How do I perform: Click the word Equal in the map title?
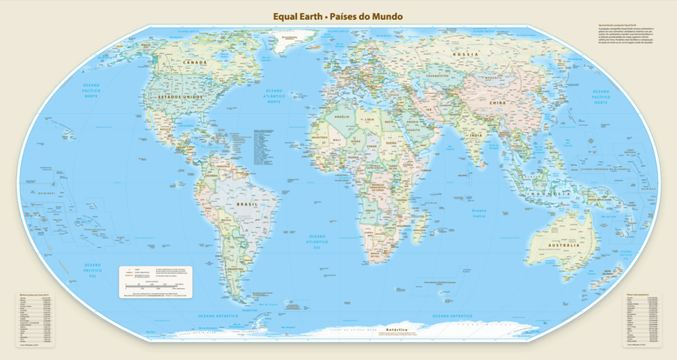(x=285, y=16)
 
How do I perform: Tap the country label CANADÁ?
(x=194, y=62)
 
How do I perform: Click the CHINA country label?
(x=498, y=103)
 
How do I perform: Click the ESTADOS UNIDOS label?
(x=180, y=98)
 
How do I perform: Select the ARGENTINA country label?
(x=234, y=270)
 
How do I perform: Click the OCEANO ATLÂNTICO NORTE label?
(x=274, y=95)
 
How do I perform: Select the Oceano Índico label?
(x=479, y=213)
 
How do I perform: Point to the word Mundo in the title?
(x=388, y=16)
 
